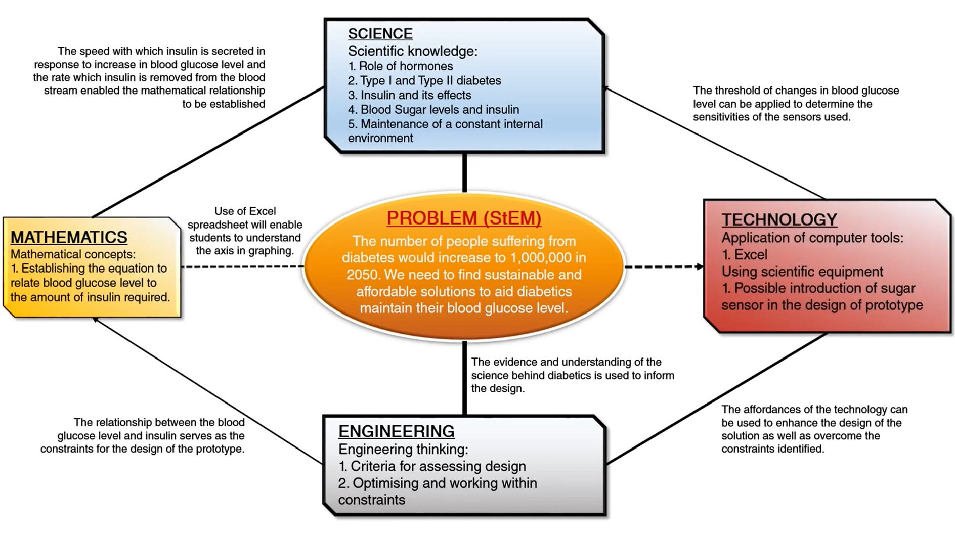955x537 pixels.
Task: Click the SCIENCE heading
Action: point(380,34)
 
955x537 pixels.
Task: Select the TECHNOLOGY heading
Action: point(779,219)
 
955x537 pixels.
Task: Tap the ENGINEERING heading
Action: point(396,431)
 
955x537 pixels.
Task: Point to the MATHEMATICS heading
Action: point(69,237)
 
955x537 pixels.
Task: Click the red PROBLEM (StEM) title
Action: point(464,218)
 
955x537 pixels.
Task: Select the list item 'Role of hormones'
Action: point(401,66)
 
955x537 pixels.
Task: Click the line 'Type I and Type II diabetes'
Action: point(424,81)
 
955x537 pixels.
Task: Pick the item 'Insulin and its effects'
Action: point(410,95)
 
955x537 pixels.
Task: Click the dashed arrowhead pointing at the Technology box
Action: point(700,266)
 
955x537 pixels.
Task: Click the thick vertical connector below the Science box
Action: point(464,172)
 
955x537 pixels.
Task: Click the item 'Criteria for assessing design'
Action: point(432,466)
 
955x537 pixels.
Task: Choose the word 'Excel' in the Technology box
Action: point(751,255)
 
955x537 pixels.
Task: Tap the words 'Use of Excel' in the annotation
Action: point(245,211)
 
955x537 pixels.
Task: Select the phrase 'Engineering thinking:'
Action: point(403,449)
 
